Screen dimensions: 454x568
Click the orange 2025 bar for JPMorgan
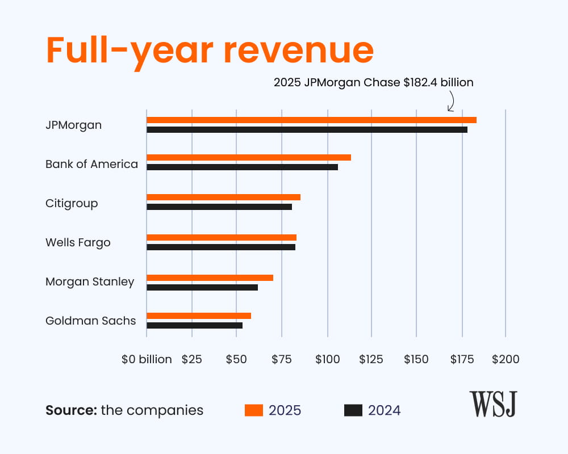(311, 120)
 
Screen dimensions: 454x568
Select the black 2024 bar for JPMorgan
(307, 129)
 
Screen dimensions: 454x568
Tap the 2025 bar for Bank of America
(249, 157)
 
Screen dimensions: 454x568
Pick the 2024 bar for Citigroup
(219, 207)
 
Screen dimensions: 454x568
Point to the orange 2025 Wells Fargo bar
(222, 237)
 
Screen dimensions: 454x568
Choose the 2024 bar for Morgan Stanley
(202, 287)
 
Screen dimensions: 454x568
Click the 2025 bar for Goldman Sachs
(199, 316)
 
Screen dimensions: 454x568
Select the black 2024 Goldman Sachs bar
(194, 325)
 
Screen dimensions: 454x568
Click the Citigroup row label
(72, 203)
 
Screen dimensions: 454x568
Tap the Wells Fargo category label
(78, 243)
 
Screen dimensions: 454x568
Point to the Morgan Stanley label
(90, 281)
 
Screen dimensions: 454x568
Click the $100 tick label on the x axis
(327, 359)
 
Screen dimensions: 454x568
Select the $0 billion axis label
(147, 359)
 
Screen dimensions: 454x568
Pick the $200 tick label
(506, 359)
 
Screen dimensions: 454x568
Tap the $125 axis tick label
(371, 359)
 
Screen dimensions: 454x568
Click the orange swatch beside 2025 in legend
(253, 410)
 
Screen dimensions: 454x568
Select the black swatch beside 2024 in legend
(353, 410)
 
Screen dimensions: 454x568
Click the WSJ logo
(492, 404)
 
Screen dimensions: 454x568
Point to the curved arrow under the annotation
(452, 102)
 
